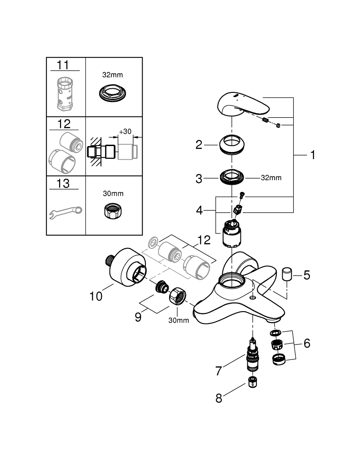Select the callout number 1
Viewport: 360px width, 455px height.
[x=312, y=155]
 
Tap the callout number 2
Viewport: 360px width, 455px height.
[x=199, y=145]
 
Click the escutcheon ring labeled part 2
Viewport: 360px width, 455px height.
[x=232, y=144]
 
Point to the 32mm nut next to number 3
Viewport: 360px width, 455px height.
[x=232, y=177]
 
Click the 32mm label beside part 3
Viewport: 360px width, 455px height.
[x=271, y=178]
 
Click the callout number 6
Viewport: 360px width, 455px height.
[x=307, y=344]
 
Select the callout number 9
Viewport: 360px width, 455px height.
[x=138, y=317]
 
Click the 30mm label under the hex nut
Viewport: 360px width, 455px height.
[x=179, y=320]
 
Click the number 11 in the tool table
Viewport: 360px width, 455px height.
[x=63, y=65]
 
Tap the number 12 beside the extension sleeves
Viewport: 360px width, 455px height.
[x=204, y=239]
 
